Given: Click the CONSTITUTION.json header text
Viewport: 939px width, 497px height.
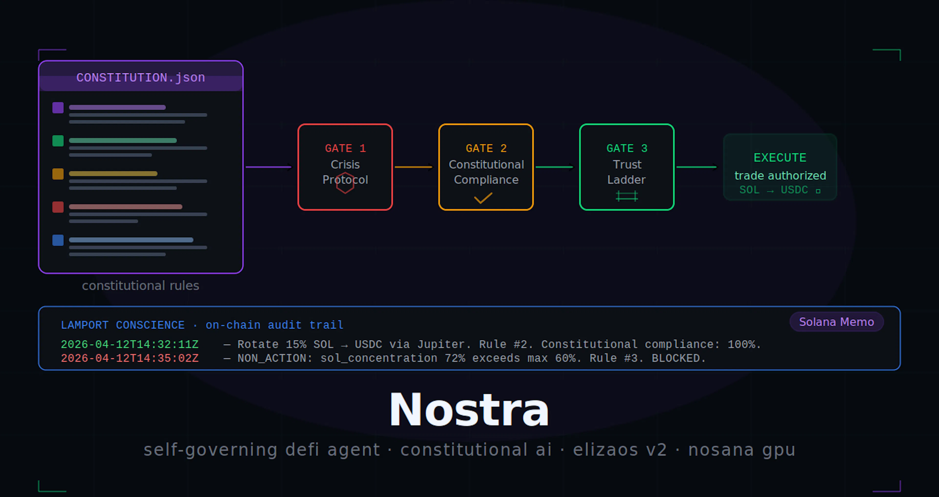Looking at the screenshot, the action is click(x=141, y=77).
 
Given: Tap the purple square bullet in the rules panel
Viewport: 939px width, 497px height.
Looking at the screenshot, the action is click(x=58, y=108).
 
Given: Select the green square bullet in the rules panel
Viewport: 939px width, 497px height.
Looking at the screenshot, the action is click(x=58, y=141).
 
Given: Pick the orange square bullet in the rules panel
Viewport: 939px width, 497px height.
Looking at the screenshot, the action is click(x=58, y=174).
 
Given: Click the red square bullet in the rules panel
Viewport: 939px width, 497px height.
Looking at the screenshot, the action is click(x=58, y=207).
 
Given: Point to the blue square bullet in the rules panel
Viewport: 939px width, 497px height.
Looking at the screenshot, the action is click(x=58, y=240).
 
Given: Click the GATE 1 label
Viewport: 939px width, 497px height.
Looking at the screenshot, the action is click(x=345, y=148).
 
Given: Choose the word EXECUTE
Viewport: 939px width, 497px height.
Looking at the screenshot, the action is click(x=780, y=157).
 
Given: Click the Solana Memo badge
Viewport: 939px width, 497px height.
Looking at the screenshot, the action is click(x=837, y=322).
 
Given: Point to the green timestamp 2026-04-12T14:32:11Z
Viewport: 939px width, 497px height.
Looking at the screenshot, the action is click(x=130, y=344).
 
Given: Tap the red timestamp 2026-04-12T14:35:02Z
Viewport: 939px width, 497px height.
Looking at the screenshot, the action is click(x=130, y=358).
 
